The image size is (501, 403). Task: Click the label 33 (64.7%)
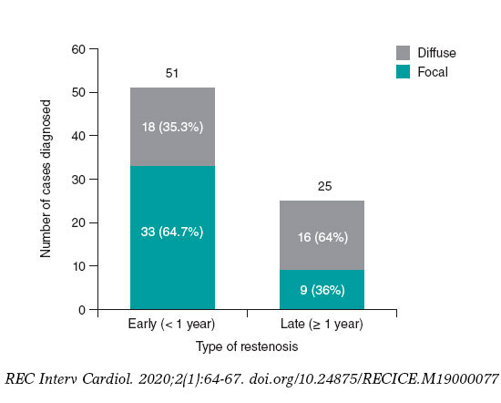(x=172, y=232)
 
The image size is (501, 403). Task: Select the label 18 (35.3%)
(x=172, y=127)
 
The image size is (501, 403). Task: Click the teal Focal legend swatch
(x=403, y=70)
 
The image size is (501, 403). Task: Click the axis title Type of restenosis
(x=247, y=347)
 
